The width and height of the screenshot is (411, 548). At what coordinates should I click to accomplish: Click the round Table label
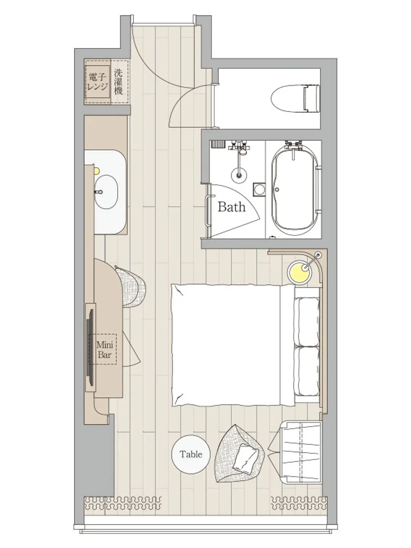coord(191,454)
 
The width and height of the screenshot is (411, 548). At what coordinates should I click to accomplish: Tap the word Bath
coord(232,207)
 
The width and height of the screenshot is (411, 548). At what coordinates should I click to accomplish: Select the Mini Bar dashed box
coord(105,349)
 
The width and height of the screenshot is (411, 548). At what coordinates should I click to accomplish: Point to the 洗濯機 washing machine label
coord(118,82)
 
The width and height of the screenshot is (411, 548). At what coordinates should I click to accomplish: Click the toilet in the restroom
coord(295,98)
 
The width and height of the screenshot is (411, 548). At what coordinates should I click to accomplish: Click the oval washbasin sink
coord(106,192)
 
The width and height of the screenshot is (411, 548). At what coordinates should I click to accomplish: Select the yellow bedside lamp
coord(299,272)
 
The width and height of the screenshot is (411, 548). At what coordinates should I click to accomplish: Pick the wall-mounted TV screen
coord(90,347)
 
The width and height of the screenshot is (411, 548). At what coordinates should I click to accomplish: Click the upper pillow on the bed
coord(307,321)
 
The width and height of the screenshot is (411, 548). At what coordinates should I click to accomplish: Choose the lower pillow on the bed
coord(307,371)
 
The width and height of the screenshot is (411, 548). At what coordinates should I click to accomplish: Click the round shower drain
coord(239,175)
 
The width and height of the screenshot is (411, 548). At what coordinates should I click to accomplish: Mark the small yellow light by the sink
coord(97,171)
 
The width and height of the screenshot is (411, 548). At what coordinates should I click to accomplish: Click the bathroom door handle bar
coord(207,210)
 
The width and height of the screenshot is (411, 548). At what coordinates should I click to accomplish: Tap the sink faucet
coord(99,192)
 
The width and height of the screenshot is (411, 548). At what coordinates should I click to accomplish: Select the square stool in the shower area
coord(259,189)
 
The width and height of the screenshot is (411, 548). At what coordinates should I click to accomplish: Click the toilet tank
coord(312,98)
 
